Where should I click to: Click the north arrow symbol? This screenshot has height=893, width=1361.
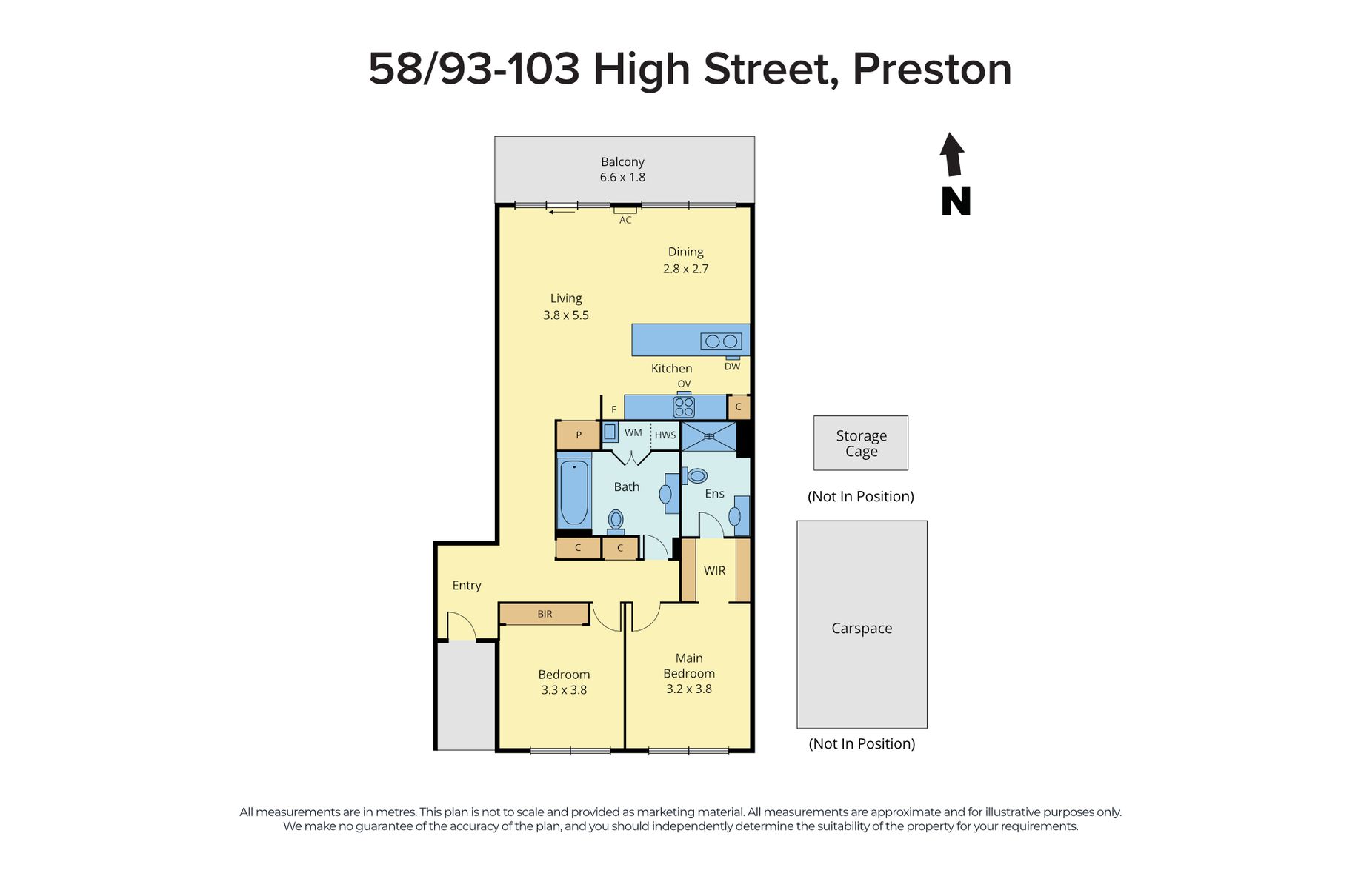[952, 154]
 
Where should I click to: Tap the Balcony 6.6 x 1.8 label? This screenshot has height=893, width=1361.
[622, 170]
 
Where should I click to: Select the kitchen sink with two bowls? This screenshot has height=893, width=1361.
[721, 341]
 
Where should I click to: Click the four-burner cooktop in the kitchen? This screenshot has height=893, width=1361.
[684, 407]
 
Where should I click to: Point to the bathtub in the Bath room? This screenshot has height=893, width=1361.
[574, 492]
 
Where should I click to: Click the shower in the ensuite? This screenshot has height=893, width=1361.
[709, 436]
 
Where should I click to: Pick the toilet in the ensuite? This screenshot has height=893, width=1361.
[694, 475]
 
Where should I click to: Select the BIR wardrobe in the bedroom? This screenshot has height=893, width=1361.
[545, 614]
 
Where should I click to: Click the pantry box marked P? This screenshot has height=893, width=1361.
[578, 435]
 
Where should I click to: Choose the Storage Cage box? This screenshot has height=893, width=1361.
[861, 443]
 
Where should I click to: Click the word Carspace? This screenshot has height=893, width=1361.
[862, 628]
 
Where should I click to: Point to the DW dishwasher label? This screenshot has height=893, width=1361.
[732, 367]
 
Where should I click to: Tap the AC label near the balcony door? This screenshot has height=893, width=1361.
[625, 220]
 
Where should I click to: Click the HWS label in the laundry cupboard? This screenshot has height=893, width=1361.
[665, 435]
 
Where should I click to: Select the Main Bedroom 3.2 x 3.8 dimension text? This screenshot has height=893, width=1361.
[689, 689]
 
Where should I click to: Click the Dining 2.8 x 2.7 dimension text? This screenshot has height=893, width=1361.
[685, 269]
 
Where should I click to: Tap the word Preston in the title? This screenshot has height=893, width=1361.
[932, 69]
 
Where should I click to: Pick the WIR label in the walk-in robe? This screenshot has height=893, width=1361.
[714, 570]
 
